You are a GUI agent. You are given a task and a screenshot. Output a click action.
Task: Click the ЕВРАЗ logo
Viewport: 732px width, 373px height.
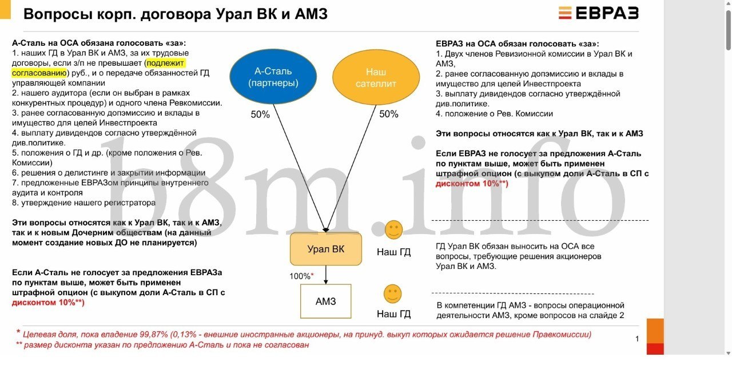(x=598, y=13)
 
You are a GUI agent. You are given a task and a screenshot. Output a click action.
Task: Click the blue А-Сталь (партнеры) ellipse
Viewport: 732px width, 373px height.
(x=273, y=77)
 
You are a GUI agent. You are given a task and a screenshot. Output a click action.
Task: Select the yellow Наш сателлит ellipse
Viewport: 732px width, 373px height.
(x=376, y=77)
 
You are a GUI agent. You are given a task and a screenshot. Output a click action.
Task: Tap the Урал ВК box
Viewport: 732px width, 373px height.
(x=326, y=249)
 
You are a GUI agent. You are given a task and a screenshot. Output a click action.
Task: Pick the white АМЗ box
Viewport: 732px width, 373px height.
(x=326, y=301)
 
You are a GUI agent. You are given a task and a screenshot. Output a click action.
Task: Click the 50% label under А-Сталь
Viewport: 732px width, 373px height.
(x=260, y=114)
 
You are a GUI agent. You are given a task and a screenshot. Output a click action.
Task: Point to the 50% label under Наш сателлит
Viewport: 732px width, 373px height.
(x=388, y=114)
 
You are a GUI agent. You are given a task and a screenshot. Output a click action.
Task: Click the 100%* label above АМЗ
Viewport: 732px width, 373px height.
(x=301, y=276)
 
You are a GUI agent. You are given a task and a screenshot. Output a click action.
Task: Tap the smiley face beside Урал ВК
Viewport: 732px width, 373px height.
(x=394, y=230)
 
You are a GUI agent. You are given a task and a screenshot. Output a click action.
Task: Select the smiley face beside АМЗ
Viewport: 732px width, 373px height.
(x=392, y=293)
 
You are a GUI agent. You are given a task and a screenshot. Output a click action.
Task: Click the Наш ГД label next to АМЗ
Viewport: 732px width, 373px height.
(x=394, y=314)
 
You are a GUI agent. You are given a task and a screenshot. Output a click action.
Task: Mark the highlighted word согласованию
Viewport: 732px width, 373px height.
(x=39, y=73)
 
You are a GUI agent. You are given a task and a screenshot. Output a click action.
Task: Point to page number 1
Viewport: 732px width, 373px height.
(x=637, y=339)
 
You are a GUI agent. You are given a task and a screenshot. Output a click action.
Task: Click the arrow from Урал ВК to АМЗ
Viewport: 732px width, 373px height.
(x=326, y=275)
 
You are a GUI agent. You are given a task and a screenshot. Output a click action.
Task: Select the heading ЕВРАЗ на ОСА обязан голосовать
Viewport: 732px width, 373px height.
(x=518, y=43)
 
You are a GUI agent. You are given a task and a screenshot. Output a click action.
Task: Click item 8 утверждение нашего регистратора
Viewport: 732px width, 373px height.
(x=83, y=203)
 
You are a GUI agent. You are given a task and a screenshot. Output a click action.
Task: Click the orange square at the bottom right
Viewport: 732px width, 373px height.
(x=655, y=331)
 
